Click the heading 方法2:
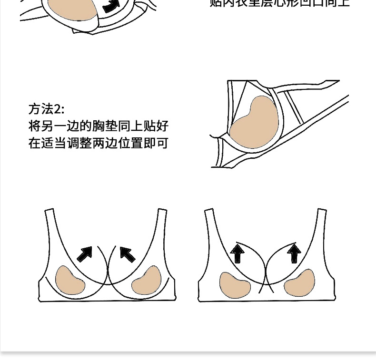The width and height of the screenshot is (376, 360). tap(46, 109)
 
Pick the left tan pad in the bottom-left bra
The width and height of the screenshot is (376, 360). tap(69, 281)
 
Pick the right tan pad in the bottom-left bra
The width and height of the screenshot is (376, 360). tap(147, 281)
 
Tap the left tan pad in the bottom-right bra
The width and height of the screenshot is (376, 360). tap(235, 284)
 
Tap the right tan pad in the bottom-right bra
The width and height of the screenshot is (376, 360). tap(299, 284)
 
